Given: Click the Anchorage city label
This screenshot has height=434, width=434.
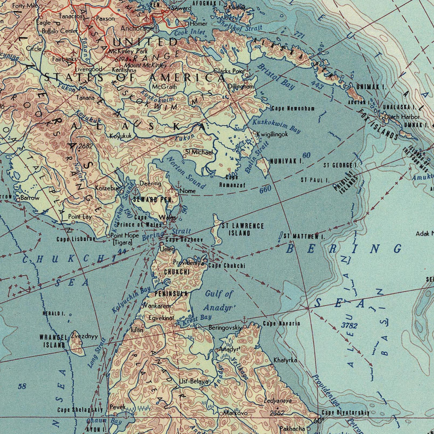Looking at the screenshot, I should coord(137,29).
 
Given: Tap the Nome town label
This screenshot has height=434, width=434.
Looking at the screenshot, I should coord(188,191).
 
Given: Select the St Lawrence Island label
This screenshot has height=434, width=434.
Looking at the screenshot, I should coord(242,229).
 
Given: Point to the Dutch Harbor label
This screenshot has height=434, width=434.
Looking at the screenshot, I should coord(402,117).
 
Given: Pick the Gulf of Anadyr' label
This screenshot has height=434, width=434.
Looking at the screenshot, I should coord(220,301).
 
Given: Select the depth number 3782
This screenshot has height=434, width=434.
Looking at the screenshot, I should coord(349,325).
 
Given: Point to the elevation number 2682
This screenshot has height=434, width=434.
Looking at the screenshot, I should coord(85,146).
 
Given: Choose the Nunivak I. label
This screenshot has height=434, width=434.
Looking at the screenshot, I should coord(286,161).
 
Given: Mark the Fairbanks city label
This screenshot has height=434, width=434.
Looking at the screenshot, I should coord(64,59).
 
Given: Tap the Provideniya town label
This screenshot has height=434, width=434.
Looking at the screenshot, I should coord(188,263).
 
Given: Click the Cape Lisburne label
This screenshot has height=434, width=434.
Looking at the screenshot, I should coord(76,239).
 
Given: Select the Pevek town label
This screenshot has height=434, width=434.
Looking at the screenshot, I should coord(117,407).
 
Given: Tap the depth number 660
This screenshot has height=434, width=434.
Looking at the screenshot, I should coord(265,188).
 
